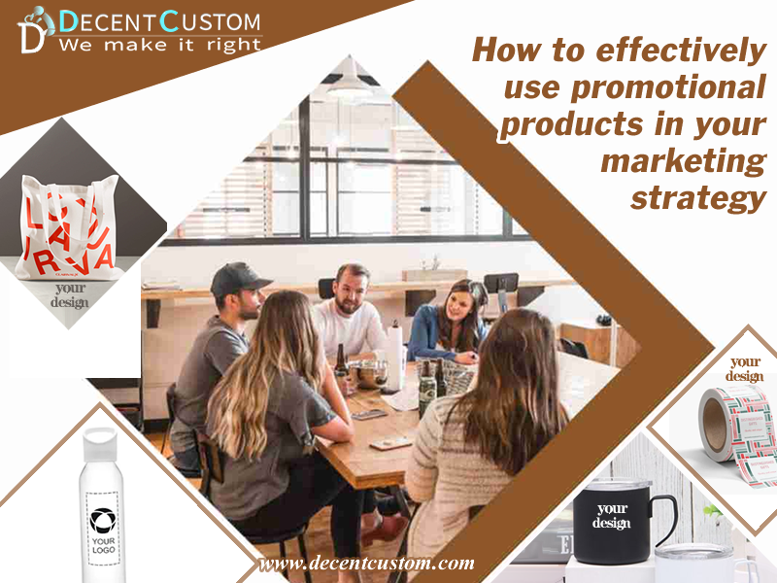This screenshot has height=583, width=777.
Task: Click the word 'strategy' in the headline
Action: (697, 197)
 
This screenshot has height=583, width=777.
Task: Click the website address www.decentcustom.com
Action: (366, 563)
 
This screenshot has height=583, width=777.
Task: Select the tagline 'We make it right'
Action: (160, 44)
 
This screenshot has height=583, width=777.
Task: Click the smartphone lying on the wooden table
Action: (391, 443)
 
